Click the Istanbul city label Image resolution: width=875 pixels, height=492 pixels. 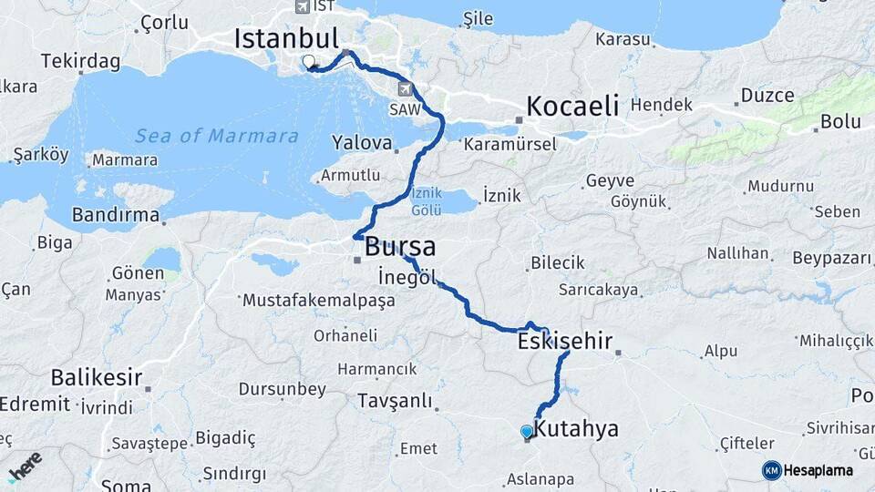coord(286,38)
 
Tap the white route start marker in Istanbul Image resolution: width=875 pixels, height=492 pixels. coord(308,63)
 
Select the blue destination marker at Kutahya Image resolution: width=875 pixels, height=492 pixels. coord(527,432)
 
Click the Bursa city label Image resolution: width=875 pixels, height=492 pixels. coord(400,247)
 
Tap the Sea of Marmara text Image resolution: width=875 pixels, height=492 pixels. coord(217,136)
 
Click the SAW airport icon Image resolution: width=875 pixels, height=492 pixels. coord(405,89)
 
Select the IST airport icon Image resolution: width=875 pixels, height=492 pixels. coord(303,6)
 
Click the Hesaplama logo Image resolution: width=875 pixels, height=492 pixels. coord(808,470)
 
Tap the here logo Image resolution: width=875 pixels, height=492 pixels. coord(24,466)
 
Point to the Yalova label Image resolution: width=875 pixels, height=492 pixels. coord(362,143)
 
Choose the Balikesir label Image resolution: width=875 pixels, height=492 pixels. coord(97,376)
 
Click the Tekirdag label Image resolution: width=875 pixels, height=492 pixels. coord(80,61)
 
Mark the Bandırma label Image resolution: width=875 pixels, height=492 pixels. coord(116,217)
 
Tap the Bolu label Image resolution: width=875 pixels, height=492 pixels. coord(840,120)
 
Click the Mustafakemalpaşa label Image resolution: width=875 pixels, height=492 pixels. coord(318,300)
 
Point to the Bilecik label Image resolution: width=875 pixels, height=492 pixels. coord(558,262)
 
